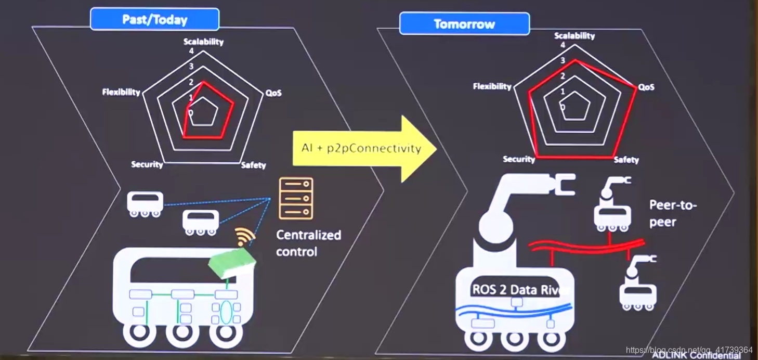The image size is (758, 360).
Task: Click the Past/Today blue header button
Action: [154, 20]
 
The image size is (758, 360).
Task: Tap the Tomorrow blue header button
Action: [464, 24]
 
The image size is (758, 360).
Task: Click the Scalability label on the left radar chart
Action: [203, 42]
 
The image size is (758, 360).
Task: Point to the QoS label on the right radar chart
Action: [646, 87]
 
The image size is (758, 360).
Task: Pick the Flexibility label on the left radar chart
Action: [121, 92]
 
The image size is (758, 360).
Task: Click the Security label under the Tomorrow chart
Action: [519, 159]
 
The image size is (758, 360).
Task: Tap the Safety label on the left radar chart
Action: [253, 165]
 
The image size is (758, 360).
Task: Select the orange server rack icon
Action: [296, 198]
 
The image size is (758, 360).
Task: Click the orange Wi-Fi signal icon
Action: [245, 237]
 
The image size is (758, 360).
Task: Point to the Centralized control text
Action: [308, 243]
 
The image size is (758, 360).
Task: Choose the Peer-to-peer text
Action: [673, 213]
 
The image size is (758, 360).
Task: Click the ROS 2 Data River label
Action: [520, 290]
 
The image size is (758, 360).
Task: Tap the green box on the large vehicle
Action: [232, 263]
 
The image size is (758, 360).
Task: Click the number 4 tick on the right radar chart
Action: [563, 45]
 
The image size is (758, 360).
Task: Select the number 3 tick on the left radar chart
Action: [191, 67]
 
